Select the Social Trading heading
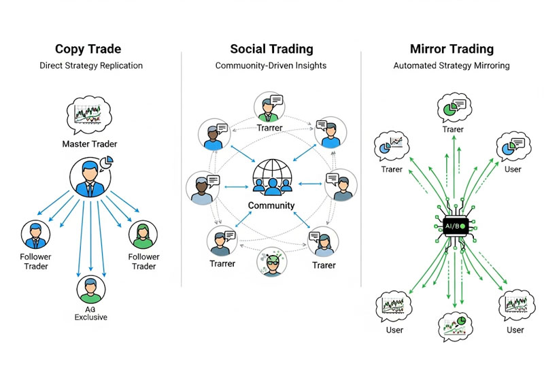pos(271,49)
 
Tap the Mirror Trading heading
pos(452,49)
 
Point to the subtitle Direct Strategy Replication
pos(90,66)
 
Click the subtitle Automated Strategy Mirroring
pos(452,66)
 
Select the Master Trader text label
pos(90,143)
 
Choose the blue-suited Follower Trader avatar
pos(35,235)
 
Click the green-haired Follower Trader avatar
pos(143,235)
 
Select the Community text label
pos(271,205)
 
